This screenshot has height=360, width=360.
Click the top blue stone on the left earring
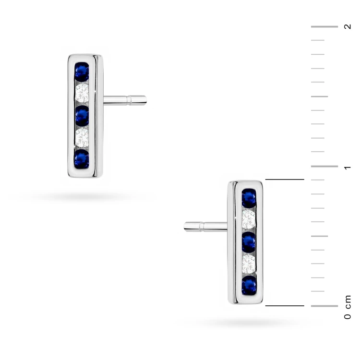82,72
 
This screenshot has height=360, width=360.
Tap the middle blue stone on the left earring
82,116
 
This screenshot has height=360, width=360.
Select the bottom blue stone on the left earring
82,159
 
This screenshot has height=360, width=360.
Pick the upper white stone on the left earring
82,93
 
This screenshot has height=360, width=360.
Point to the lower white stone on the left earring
82,138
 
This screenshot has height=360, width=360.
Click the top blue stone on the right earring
249,198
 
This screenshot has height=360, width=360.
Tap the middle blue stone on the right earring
249,242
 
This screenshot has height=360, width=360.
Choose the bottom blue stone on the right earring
249,286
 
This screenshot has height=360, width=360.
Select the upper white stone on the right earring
249,219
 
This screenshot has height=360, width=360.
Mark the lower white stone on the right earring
249,264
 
